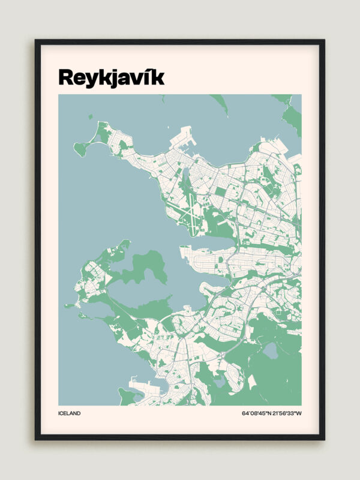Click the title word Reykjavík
(x=111, y=77)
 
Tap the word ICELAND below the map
(x=69, y=413)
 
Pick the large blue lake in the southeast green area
(x=271, y=351)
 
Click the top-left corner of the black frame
(x=36, y=41)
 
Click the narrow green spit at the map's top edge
(x=220, y=104)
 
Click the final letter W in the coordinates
(x=299, y=413)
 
